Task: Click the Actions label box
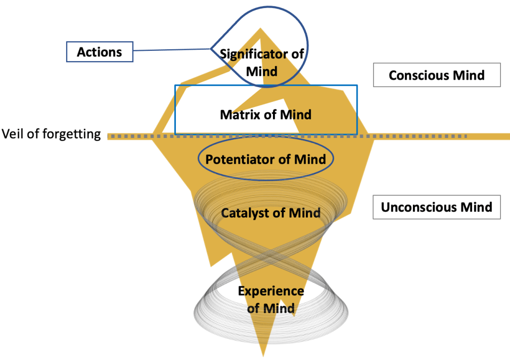coord(100,52)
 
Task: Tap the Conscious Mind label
coord(436,75)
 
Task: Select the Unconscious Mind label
coord(436,207)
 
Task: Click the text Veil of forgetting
coord(51,134)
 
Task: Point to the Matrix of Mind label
coord(265,115)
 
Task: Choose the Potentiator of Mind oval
coord(265,159)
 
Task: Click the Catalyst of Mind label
coord(270,213)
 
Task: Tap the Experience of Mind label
coord(270,299)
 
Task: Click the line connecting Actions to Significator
coord(172,50)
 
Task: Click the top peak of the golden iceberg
coord(260,29)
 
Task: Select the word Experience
coord(270,291)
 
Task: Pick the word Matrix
coord(237,115)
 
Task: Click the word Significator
coord(262,54)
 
